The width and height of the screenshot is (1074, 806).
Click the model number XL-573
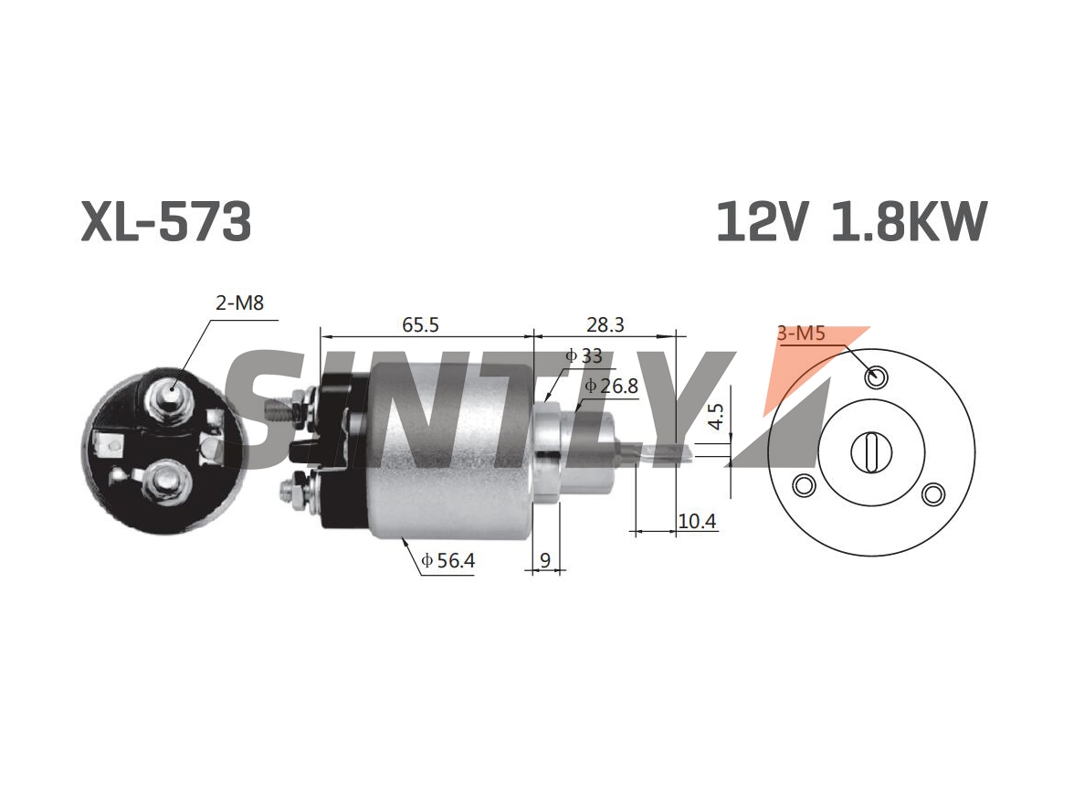pos(166,221)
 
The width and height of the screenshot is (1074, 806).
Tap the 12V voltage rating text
pos(761,221)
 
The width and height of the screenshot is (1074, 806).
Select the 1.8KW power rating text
pos(909,221)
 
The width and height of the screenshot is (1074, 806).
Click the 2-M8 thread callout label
pos(239,302)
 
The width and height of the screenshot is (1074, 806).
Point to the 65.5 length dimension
pos(420,324)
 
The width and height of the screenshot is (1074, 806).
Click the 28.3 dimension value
pos(605,324)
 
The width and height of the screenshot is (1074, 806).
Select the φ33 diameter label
pos(584,355)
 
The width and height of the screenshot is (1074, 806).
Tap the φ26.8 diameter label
pos(611,386)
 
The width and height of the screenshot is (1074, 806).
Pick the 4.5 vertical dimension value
pos(715,416)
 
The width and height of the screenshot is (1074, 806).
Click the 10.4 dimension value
pos(698,521)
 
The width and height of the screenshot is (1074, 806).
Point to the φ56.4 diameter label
pos(447,561)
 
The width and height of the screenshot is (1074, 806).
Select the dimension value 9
pos(545,561)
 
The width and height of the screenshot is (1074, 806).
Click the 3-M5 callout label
pos(802,334)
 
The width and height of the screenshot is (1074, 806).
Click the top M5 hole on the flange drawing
pos(876,376)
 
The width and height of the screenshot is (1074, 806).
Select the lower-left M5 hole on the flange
pos(804,485)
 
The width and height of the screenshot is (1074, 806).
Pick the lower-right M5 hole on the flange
pos(933,493)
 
